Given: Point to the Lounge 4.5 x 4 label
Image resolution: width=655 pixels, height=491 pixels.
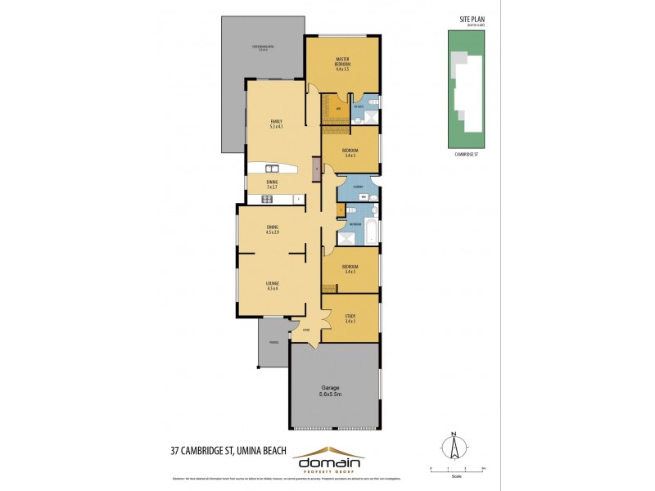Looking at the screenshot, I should [x=273, y=286].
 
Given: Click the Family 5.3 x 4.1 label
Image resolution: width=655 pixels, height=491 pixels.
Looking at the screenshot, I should [x=276, y=124].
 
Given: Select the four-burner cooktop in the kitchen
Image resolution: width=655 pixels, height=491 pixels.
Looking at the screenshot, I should [x=267, y=198].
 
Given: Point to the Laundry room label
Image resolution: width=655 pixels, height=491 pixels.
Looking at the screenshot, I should [x=358, y=187].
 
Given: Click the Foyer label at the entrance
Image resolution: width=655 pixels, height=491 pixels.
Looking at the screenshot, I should [x=305, y=330].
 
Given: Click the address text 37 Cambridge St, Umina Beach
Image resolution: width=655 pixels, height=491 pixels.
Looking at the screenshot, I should [x=228, y=449].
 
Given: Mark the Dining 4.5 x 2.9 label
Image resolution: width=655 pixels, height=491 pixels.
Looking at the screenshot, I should [x=273, y=230].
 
